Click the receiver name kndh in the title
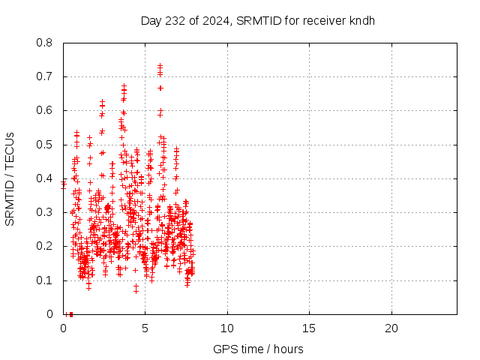coord(361,20)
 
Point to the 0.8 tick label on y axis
coord(45,43)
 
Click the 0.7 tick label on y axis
coord(45,76)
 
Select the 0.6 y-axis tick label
coord(45,110)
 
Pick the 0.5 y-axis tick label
coord(45,145)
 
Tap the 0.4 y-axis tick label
coord(45,178)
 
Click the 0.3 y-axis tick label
coord(45,212)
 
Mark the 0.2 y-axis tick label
coord(45,246)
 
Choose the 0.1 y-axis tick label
coord(45,280)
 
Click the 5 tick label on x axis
coord(145,328)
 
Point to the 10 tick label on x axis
coord(226,328)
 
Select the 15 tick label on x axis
coord(308,328)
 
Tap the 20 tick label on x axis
coord(391,328)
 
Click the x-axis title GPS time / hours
coord(258,349)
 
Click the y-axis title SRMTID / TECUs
coord(10,178)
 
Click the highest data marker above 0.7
coord(160,65)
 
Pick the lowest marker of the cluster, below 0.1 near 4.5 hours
coord(136,290)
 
